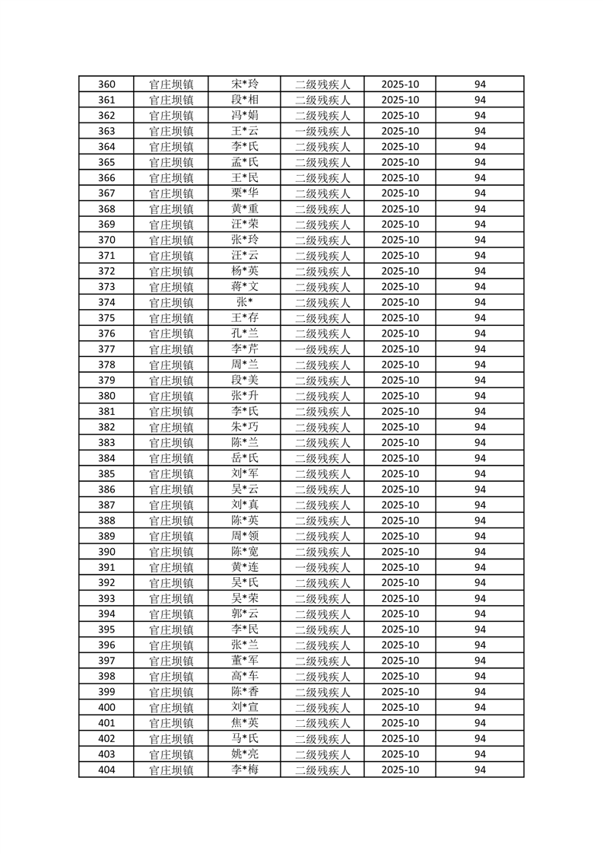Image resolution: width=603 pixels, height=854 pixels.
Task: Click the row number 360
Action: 107,84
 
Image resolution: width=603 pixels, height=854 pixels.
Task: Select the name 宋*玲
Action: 245,84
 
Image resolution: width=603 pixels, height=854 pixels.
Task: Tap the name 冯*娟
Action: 245,116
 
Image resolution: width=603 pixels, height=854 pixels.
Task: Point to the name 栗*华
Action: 245,193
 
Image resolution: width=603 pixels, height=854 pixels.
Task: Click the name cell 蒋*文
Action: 245,287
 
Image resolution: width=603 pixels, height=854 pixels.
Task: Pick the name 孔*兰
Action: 245,333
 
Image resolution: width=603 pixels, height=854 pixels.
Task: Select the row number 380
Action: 107,396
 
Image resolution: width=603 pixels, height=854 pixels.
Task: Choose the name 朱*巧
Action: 245,427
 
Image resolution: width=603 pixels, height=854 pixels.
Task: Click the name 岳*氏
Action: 245,458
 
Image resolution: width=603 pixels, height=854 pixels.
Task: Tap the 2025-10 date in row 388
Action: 400,521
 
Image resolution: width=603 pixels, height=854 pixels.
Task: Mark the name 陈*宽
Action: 245,552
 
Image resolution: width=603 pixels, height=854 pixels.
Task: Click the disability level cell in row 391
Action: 322,567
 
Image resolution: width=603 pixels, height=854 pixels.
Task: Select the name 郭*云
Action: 245,614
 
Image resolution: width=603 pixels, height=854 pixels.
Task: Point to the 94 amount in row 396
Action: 480,645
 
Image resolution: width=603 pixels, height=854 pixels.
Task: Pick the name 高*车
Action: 245,676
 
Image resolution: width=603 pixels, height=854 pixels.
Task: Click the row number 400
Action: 107,707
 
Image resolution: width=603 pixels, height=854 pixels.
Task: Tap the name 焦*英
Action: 245,723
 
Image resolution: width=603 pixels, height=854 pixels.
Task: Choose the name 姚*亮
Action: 245,754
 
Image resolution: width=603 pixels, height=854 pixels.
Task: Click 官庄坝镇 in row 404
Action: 171,770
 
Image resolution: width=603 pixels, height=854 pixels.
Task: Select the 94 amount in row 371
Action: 480,256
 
